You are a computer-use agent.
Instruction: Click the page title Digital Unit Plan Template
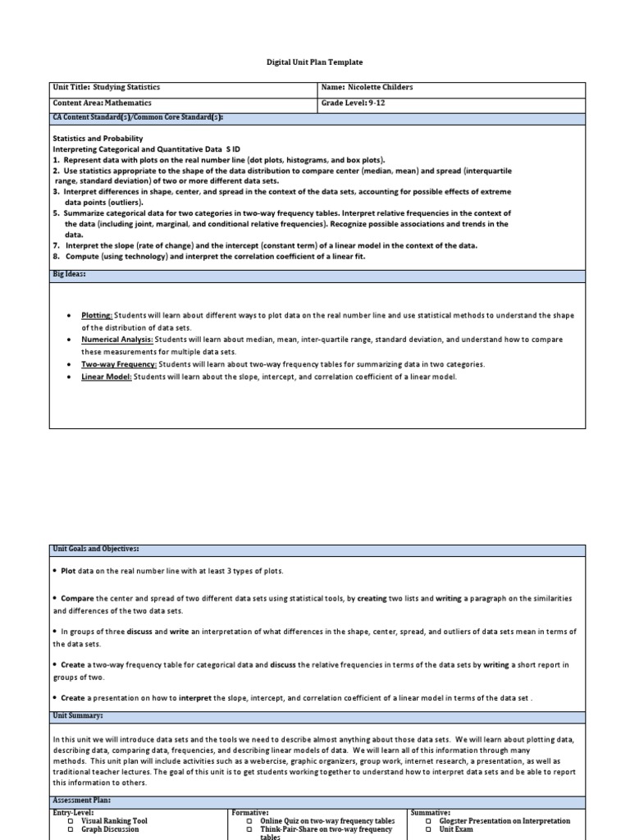tap(316, 62)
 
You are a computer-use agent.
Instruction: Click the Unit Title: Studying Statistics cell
tap(107, 88)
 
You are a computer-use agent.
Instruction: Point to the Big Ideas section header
tap(70, 275)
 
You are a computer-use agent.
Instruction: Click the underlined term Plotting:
tap(97, 316)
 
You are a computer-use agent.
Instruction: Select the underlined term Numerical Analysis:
tap(116, 340)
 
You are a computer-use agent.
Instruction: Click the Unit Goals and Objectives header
tap(96, 548)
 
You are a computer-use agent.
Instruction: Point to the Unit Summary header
tap(78, 716)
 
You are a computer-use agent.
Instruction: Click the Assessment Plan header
tap(81, 800)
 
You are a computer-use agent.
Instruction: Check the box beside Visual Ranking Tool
tap(71, 821)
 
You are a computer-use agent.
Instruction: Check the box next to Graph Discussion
tap(71, 830)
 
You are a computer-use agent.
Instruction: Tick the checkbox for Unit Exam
tap(429, 830)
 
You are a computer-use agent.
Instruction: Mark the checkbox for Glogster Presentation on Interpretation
tap(429, 821)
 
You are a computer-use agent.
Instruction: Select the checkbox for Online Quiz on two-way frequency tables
tap(249, 821)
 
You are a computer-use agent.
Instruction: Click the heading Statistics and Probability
tap(98, 139)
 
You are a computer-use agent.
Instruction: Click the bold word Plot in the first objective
tap(69, 571)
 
